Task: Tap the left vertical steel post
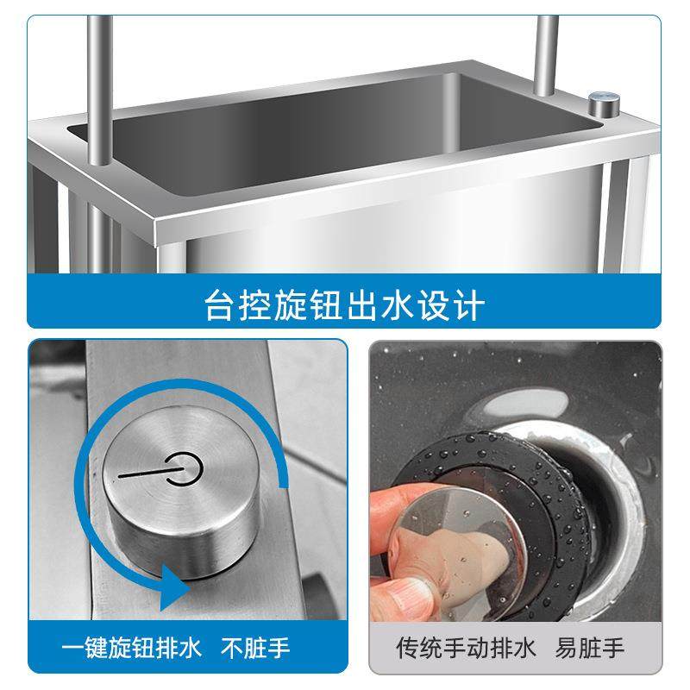(x=99, y=86)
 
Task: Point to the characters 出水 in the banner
(x=366, y=303)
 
